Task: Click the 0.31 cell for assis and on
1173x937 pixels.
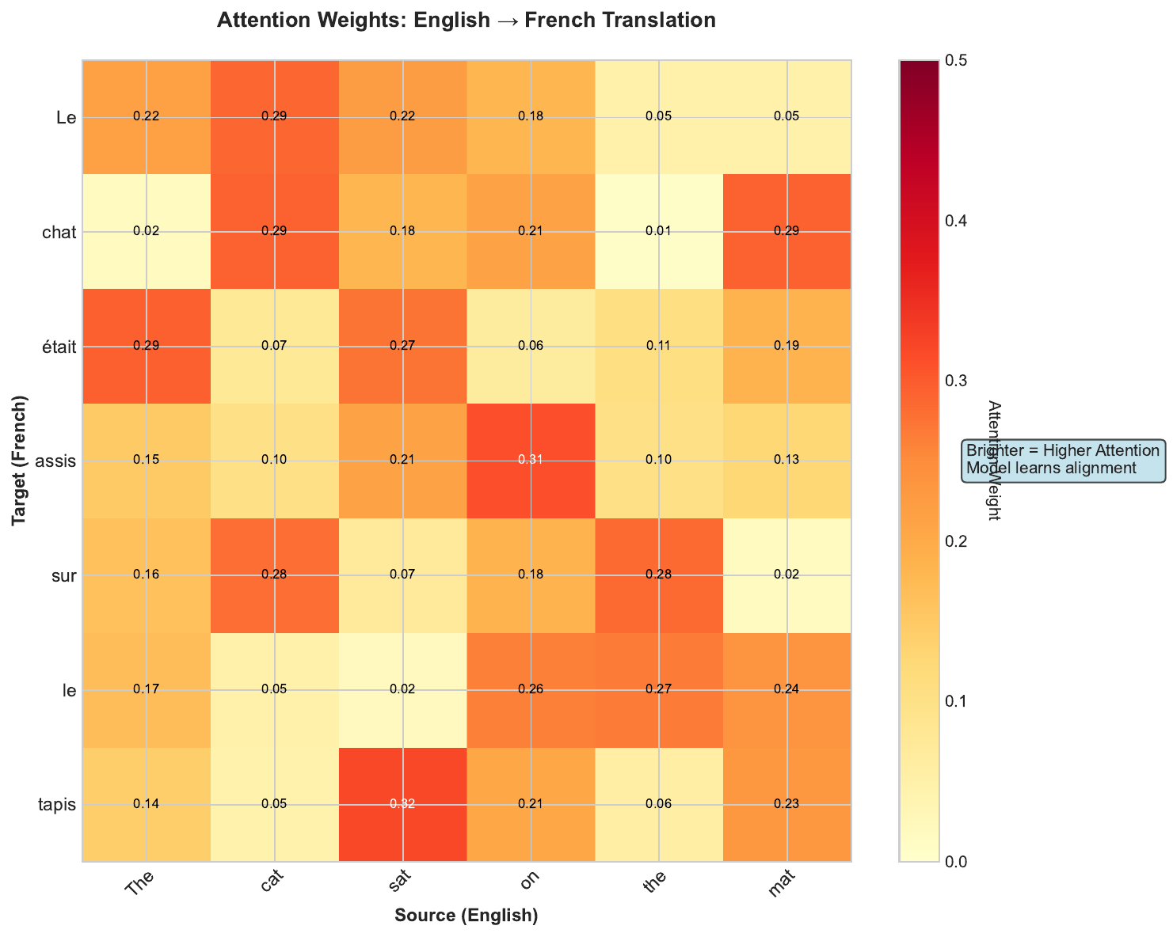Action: (x=531, y=461)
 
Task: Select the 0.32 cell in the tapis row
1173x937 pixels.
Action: (x=402, y=805)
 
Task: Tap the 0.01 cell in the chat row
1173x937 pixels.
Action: (x=659, y=231)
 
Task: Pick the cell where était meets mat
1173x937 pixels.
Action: (x=787, y=346)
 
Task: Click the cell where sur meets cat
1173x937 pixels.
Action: (x=274, y=575)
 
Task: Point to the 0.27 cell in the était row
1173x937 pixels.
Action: (x=402, y=346)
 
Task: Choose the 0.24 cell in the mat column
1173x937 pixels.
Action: (x=787, y=690)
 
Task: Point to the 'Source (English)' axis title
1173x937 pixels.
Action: (x=467, y=916)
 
